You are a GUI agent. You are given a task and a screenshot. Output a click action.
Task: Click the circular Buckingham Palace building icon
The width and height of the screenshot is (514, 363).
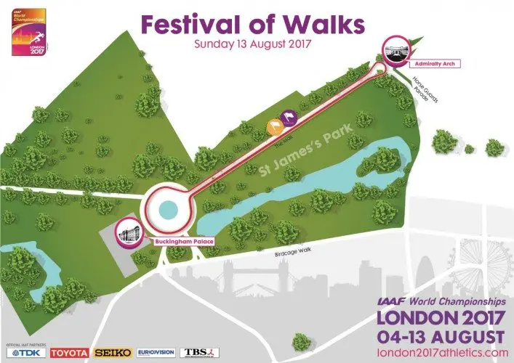point(129,233)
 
